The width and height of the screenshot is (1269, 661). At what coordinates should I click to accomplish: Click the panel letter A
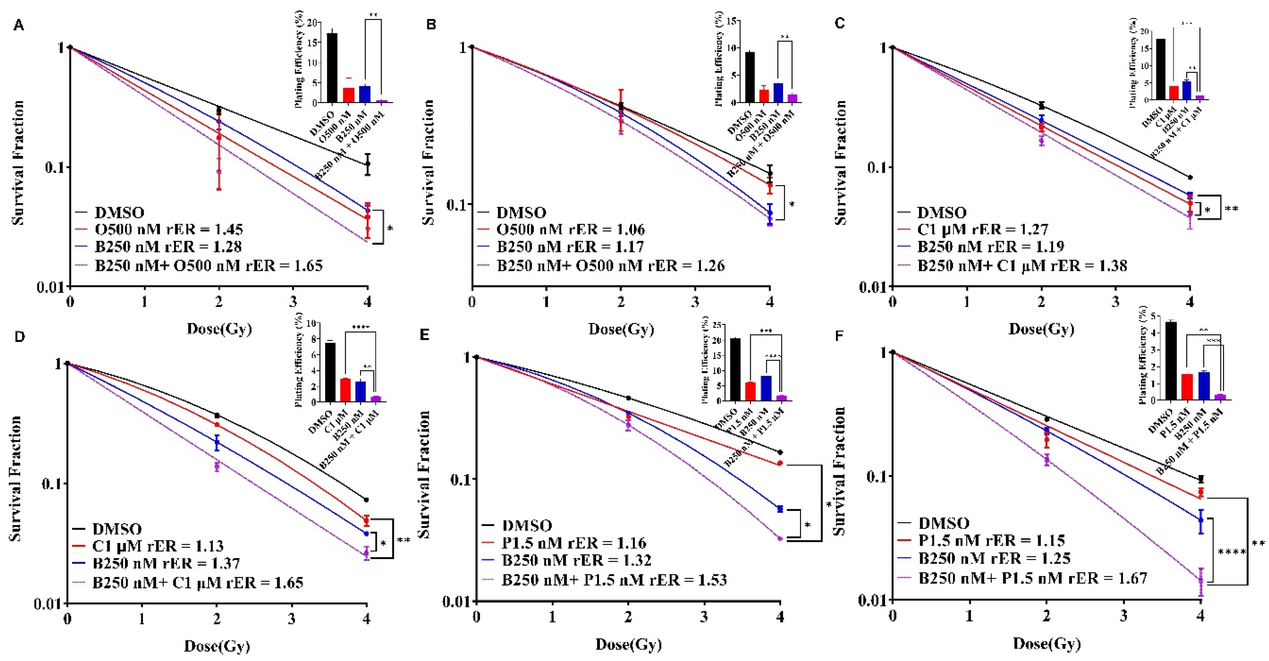(x=18, y=25)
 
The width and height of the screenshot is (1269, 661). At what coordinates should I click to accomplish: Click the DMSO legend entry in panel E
(x=526, y=526)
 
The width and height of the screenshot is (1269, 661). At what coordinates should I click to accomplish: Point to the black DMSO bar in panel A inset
(x=332, y=68)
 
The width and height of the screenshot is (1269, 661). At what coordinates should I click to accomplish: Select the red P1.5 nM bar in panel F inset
(x=1186, y=387)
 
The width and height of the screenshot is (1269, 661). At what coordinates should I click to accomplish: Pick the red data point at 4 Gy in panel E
(x=780, y=463)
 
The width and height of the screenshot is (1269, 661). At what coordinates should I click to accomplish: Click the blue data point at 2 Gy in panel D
(x=217, y=442)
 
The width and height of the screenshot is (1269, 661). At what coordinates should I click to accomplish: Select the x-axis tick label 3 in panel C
(x=1115, y=301)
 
